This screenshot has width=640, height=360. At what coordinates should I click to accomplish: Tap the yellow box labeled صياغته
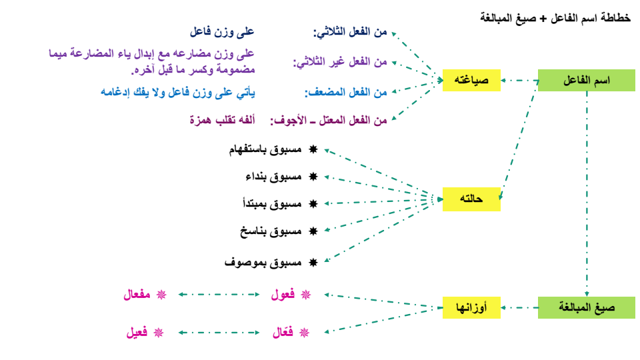[x=471, y=81]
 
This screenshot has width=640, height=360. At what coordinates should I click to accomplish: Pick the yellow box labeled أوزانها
[x=472, y=307]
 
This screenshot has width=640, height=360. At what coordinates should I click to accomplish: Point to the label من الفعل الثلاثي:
[x=350, y=32]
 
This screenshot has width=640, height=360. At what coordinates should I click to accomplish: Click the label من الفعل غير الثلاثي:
[x=340, y=62]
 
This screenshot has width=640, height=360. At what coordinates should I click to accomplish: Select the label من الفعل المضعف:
[x=346, y=93]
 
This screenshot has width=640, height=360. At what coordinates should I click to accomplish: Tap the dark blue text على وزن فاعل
[x=222, y=31]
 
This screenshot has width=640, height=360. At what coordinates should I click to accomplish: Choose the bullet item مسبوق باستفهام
[x=263, y=151]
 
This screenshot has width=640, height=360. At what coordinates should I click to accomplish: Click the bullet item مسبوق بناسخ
[x=270, y=231]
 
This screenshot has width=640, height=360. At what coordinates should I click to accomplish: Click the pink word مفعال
[x=138, y=295]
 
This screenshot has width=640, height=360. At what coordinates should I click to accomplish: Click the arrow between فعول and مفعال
[x=217, y=294]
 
